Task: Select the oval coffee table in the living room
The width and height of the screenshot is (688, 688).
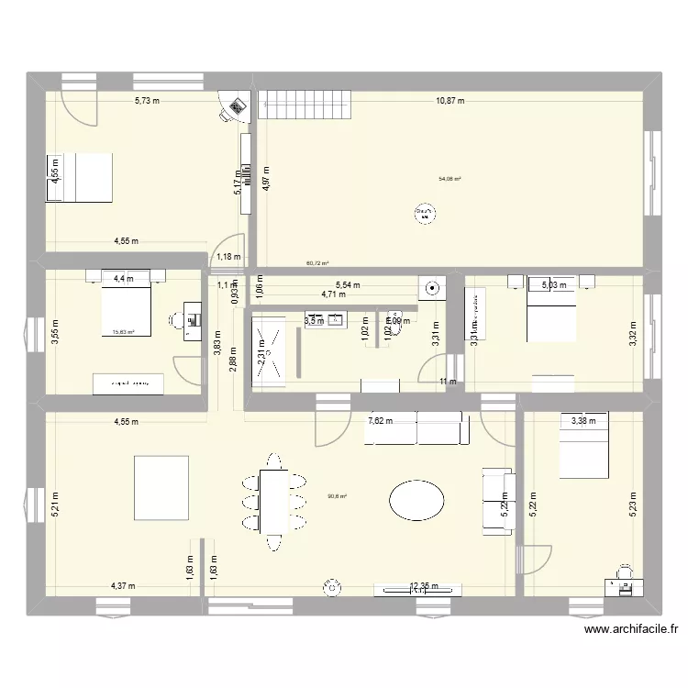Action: coord(416,501)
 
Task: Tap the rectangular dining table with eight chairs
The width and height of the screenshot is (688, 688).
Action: coord(272,501)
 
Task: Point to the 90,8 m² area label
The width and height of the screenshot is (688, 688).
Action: coord(337,497)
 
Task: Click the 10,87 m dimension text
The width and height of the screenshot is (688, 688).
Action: coord(449,101)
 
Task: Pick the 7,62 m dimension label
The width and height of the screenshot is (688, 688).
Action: coord(380,421)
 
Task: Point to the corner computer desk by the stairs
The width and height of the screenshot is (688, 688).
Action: coord(236,108)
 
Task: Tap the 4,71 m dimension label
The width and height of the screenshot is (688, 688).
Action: coord(333,294)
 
